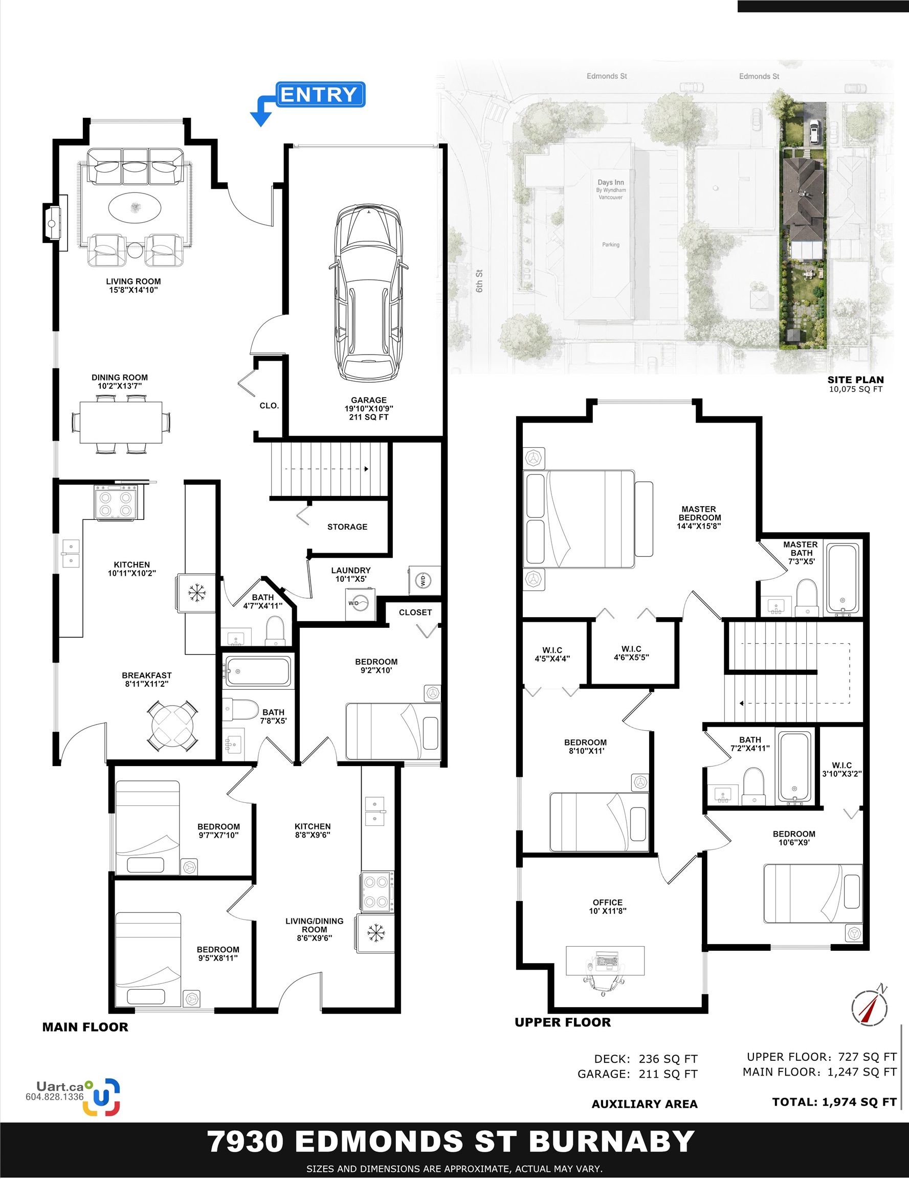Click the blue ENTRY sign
tap(321, 95)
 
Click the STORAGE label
tap(347, 527)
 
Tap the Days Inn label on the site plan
tap(610, 189)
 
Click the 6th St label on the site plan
tap(479, 281)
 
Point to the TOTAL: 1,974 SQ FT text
tap(834, 1102)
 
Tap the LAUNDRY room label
tap(351, 574)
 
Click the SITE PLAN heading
tap(856, 380)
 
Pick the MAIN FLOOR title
tap(85, 1028)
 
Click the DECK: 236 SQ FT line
tap(646, 1059)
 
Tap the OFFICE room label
tap(607, 906)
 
